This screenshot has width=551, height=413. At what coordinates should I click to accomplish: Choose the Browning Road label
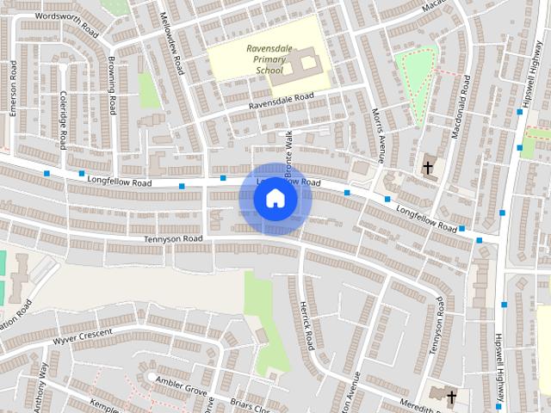[x=112, y=86]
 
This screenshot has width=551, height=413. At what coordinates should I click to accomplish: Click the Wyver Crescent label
[x=83, y=336]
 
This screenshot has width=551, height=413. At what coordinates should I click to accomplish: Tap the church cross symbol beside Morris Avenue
[x=428, y=168]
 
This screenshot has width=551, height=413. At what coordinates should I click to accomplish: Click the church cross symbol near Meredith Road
[x=452, y=396]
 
